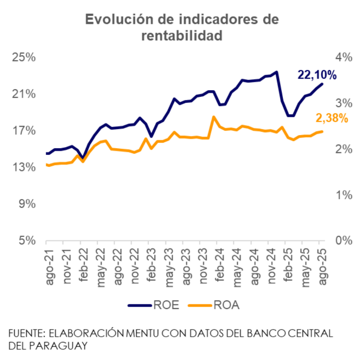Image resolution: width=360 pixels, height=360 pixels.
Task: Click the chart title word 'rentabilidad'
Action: tap(182, 36)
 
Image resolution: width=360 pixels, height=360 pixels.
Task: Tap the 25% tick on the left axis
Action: tap(24, 57)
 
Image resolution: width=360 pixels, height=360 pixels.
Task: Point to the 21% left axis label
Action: tap(24, 94)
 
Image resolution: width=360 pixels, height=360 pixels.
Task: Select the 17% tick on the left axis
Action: tap(24, 130)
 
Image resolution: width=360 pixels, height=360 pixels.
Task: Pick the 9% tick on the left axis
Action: tap(27, 204)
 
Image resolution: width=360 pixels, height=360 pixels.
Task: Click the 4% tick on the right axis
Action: tap(343, 57)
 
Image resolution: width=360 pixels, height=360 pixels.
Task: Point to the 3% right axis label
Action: tap(343, 103)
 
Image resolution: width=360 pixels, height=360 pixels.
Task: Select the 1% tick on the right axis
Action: tap(343, 194)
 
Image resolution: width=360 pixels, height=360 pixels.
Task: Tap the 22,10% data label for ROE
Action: tap(317, 75)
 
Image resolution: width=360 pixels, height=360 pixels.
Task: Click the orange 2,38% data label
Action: tap(332, 118)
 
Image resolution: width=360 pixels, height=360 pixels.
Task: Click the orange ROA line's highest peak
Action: tap(213, 116)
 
